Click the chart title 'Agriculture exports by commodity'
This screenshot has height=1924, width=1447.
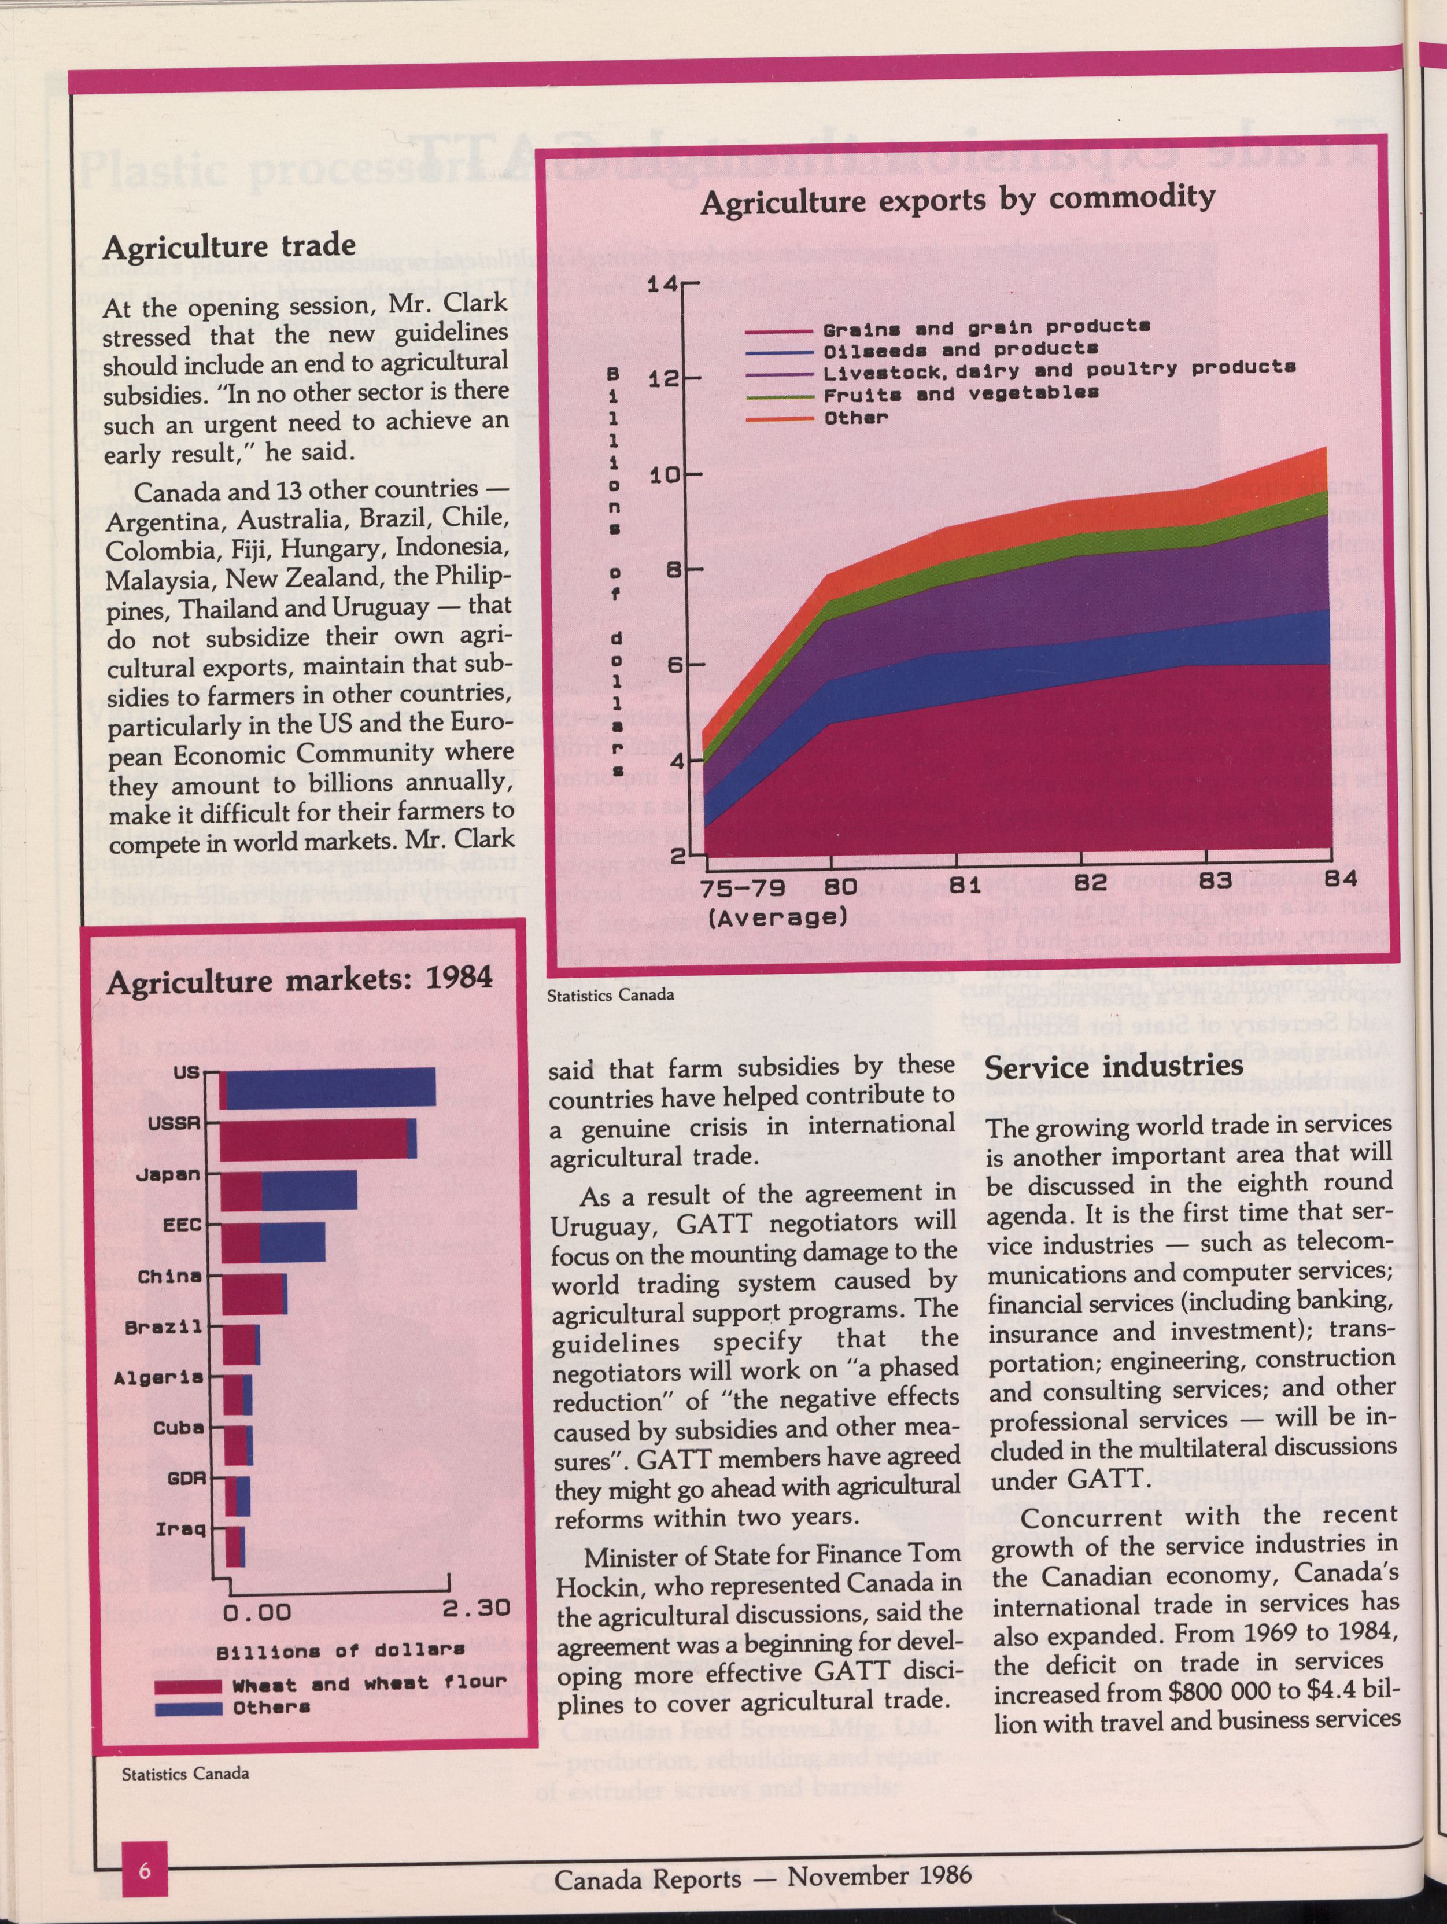[x=957, y=200]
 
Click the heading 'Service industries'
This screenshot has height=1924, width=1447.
[x=1114, y=1068]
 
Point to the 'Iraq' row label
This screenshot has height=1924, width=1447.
[x=181, y=1528]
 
